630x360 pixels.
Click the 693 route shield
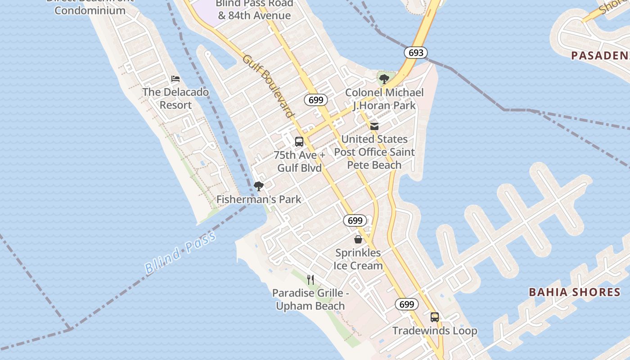[x=415, y=53]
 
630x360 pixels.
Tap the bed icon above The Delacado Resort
[x=175, y=79]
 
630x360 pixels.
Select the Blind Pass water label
[x=180, y=253]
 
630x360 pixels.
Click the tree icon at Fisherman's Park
[x=259, y=186]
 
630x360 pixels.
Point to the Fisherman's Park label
[x=259, y=199]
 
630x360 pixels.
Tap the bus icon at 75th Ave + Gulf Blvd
[x=299, y=142]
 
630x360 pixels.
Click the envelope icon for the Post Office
[x=374, y=126]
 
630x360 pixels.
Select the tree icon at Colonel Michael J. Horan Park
[x=384, y=80]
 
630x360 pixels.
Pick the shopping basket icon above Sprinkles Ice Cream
[x=358, y=239]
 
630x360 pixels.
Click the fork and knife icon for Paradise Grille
[x=310, y=279]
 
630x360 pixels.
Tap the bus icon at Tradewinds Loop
[x=434, y=317]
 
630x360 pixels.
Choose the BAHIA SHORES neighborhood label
[x=575, y=292]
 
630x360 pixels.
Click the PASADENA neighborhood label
[x=600, y=55]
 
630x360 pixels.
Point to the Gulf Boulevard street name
[x=268, y=86]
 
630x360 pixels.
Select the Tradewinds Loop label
[x=435, y=331]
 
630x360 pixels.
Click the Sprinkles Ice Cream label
[x=358, y=259]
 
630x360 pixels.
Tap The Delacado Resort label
[x=175, y=99]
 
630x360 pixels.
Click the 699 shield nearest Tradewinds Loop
[x=407, y=305]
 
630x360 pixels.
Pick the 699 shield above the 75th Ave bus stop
[x=316, y=100]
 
